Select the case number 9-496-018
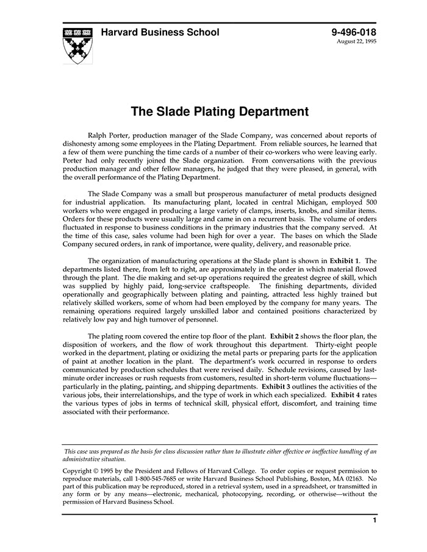[354, 32]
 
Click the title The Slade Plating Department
[220, 111]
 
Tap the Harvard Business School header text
[160, 32]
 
